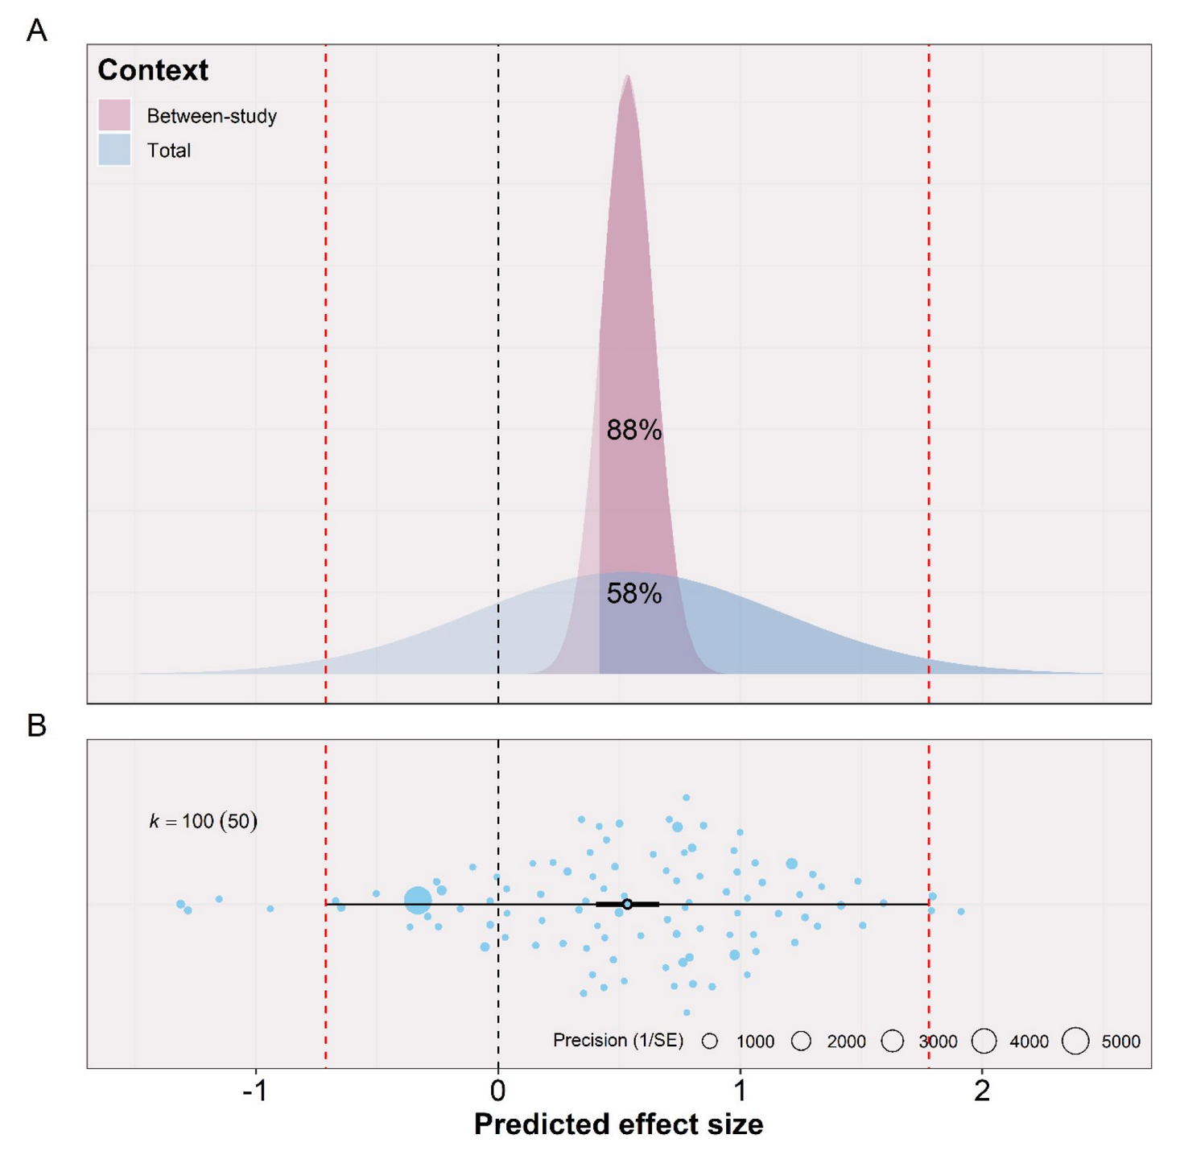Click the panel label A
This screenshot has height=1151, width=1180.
pyautogui.click(x=36, y=31)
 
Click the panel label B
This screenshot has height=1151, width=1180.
pyautogui.click(x=36, y=725)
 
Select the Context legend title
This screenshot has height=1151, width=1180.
pyautogui.click(x=153, y=70)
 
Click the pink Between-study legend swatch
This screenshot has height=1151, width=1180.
pyautogui.click(x=114, y=115)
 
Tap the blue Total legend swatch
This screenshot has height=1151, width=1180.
pyautogui.click(x=114, y=150)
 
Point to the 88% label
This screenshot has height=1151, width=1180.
pyautogui.click(x=634, y=431)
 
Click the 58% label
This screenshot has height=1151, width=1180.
pyautogui.click(x=634, y=594)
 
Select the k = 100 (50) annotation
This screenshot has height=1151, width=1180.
pyautogui.click(x=203, y=821)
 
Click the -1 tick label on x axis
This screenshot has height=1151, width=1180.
pyautogui.click(x=255, y=1091)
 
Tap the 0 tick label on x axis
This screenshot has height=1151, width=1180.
pyautogui.click(x=498, y=1091)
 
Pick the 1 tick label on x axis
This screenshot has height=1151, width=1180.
pyautogui.click(x=741, y=1091)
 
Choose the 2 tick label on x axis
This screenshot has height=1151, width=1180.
pyautogui.click(x=982, y=1091)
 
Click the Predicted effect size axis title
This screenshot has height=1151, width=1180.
pyautogui.click(x=618, y=1124)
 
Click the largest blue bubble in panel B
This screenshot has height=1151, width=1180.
pyautogui.click(x=418, y=900)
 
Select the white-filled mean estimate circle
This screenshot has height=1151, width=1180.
pyautogui.click(x=628, y=905)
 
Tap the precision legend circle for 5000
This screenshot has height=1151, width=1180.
pyautogui.click(x=1075, y=1041)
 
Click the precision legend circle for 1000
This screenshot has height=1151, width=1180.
pyautogui.click(x=709, y=1041)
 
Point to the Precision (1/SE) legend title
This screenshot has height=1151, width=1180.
pyautogui.click(x=617, y=1040)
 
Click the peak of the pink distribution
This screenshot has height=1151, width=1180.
pyautogui.click(x=628, y=76)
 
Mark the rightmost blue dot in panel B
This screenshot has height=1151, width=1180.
pyautogui.click(x=961, y=911)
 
